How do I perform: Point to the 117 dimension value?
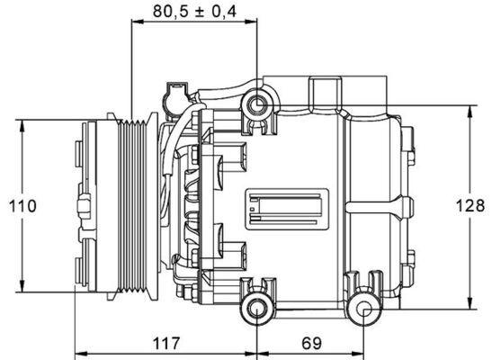pyautogui.click(x=166, y=343)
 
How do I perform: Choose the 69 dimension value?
pyautogui.click(x=310, y=343)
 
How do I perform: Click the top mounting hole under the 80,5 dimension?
pyautogui.click(x=259, y=106)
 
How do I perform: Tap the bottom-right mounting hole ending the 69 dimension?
pyautogui.click(x=364, y=311)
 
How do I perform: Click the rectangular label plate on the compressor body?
pyautogui.click(x=288, y=206)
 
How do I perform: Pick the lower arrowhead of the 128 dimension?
pyautogui.click(x=470, y=303)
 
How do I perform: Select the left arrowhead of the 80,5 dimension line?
pyautogui.click(x=136, y=22)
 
